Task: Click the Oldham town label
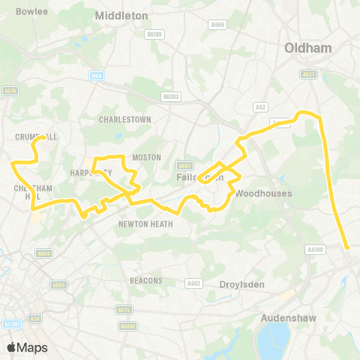point(308,48)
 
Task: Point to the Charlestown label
point(125,119)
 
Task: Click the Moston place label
point(146,157)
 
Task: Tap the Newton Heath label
point(145,223)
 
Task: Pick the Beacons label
point(145,280)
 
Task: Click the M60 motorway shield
point(95,75)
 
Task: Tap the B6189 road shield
point(155,34)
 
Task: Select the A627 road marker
point(307,74)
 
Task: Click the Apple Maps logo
point(26,346)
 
